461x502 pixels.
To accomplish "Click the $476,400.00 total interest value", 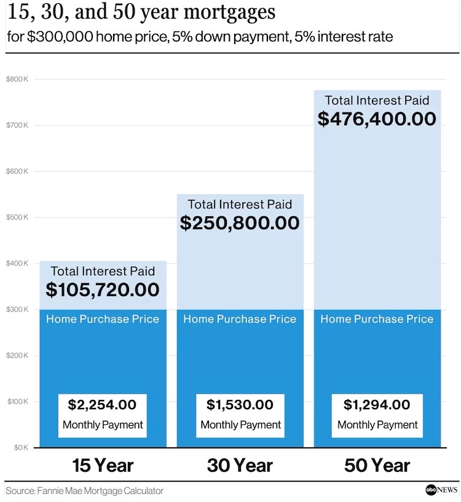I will pos(377,119).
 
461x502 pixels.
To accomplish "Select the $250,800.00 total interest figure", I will pos(240,222).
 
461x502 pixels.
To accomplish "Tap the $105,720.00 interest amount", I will pos(103,289).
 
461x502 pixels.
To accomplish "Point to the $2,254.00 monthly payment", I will pos(102,404).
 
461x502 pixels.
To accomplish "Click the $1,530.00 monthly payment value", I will pos(240,404).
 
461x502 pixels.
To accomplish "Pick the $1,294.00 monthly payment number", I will pos(377,404).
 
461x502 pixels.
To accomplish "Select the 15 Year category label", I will pos(103,465).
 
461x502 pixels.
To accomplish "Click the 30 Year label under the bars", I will pos(240,465).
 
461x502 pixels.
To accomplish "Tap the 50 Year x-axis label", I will pos(377,465).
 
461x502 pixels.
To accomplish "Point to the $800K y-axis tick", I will pos(17,79).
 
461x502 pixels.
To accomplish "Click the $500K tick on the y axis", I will pos(17,218).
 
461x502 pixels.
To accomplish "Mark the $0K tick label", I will pos(21,447).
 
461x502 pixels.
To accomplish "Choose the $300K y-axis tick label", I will pos(17,309).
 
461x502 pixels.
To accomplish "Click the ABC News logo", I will pos(441,490).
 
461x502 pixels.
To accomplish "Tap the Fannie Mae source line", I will pos(85,490).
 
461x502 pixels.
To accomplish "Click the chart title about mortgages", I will pos(141,13).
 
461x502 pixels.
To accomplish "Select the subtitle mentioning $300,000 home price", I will pos(200,37).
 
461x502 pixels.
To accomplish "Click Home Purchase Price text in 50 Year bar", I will pos(377,319).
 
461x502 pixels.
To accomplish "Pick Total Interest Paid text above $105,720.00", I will pos(103,271).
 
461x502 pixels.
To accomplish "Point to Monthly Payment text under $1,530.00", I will pos(240,425).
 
